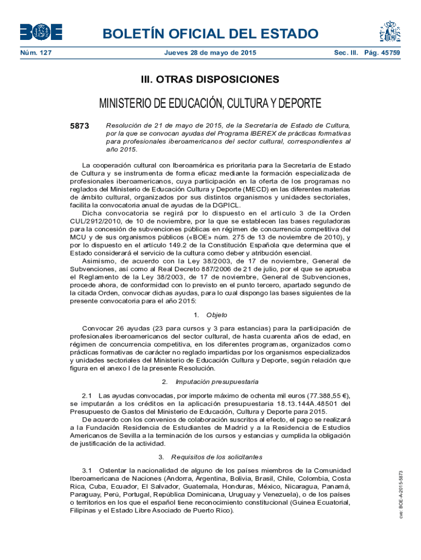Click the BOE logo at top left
pyautogui.click(x=41, y=32)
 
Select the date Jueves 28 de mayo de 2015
pyautogui.click(x=210, y=53)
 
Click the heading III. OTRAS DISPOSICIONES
pyautogui.click(x=210, y=80)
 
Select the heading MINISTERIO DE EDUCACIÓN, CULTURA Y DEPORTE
pyautogui.click(x=210, y=104)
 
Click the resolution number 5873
pyautogui.click(x=80, y=126)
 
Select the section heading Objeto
pyautogui.click(x=217, y=315)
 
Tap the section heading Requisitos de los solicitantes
pyautogui.click(x=217, y=457)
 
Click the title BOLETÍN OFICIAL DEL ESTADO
pyautogui.click(x=210, y=34)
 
